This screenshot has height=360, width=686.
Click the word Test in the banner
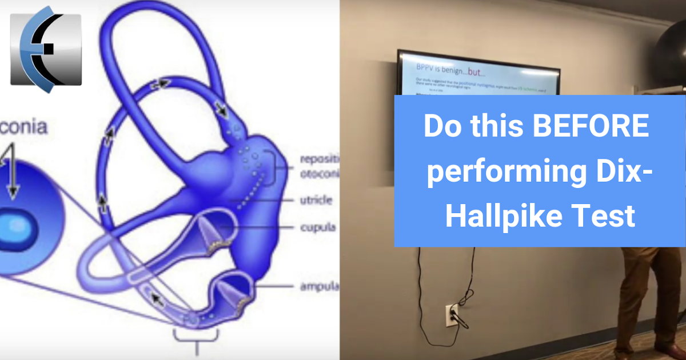tap(613, 217)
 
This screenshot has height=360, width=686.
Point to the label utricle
tap(316, 201)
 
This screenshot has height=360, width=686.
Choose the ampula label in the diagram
tap(320, 286)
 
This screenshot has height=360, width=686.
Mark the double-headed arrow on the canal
tap(160, 84)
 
